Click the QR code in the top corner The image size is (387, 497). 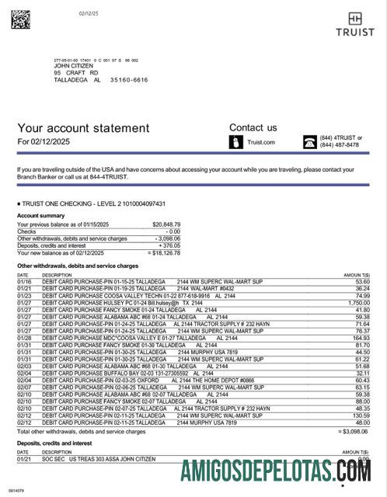(x=19, y=19)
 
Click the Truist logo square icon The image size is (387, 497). (x=354, y=17)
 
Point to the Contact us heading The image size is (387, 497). (x=253, y=127)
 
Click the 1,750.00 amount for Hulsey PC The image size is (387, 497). (x=357, y=302)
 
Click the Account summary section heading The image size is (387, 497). (x=40, y=215)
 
